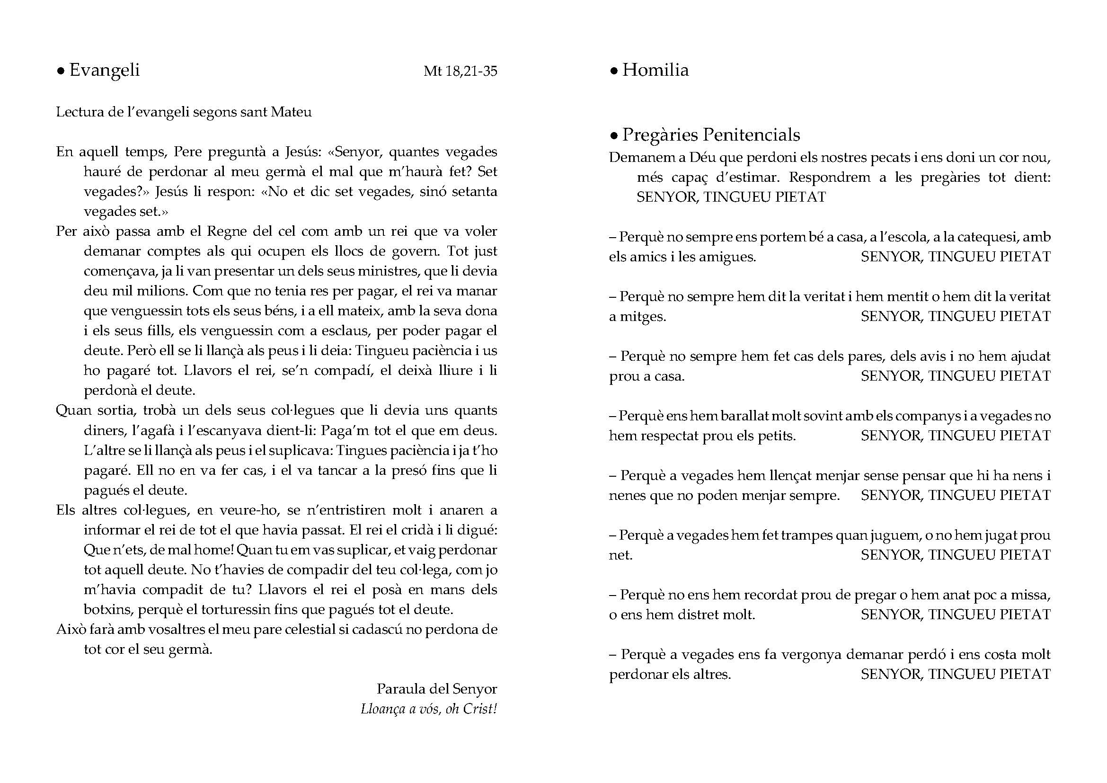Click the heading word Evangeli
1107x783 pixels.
point(104,71)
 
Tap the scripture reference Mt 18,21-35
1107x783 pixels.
point(460,71)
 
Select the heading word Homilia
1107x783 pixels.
point(655,71)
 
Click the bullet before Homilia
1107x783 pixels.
point(614,72)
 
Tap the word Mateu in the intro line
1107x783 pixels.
point(291,112)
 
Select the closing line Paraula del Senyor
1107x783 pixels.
point(436,689)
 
